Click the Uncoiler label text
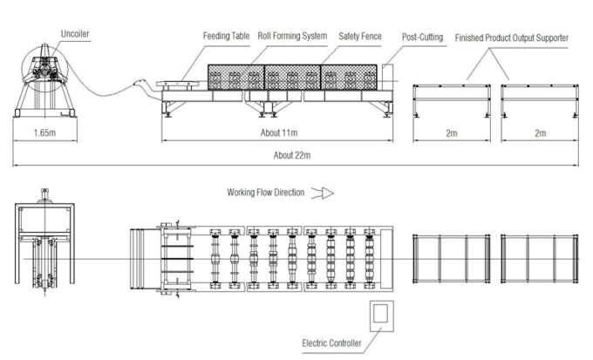pos(75,34)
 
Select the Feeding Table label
pos(226,36)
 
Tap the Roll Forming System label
pos(292,36)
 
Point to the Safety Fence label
pos(360,37)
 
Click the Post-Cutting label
pos(422,37)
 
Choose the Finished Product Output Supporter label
pos(511,37)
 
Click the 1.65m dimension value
pos(44,132)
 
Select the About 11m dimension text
pos(279,132)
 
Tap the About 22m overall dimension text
pos(292,155)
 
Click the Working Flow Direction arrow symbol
pos(323,194)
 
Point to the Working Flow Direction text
pos(265,193)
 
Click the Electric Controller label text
pos(331,343)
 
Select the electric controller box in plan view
pos(382,316)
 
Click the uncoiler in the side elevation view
pos(45,80)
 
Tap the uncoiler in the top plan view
pos(44,242)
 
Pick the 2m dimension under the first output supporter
pos(452,133)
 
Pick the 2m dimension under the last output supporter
pos(541,133)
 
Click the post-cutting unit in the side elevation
pos(387,78)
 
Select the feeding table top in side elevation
pos(178,84)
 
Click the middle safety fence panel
pos(292,77)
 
